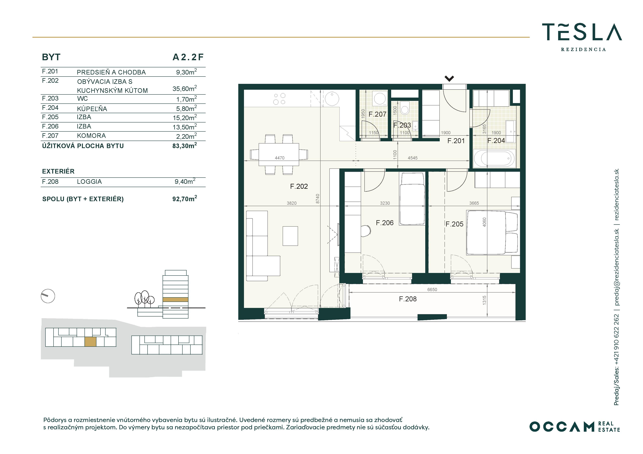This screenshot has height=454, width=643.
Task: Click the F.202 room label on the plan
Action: tap(299, 186)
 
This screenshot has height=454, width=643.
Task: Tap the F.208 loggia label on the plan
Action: tap(408, 299)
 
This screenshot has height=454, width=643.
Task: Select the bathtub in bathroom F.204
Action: tap(494, 159)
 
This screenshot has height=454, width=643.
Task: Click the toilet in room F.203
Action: tap(405, 108)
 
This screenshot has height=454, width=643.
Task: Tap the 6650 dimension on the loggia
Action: tap(432, 290)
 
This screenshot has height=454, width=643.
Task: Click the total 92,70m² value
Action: tap(185, 199)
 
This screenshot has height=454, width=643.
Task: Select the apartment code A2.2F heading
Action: tap(188, 57)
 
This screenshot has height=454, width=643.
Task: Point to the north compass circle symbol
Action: tap(48, 296)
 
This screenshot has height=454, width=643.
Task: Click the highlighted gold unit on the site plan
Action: tap(91, 342)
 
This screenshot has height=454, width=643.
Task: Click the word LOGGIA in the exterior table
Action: tap(89, 182)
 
